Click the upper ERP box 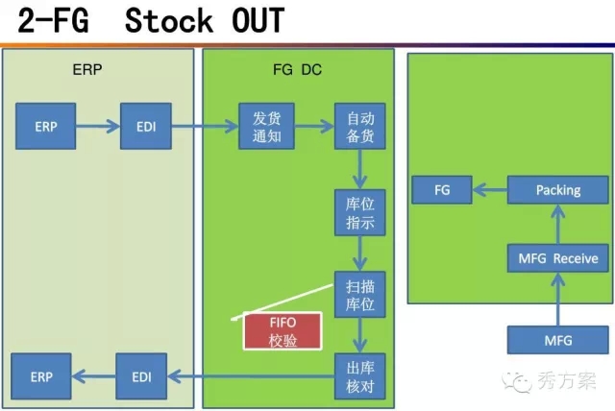(45, 127)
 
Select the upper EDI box (146, 127)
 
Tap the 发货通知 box (265, 127)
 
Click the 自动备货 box (359, 127)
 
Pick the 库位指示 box (359, 212)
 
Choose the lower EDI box (141, 377)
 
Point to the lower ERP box (40, 377)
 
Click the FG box (442, 190)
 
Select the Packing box (558, 190)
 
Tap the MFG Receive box (558, 257)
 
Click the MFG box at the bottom (558, 339)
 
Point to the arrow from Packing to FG (490, 190)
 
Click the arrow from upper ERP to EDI (96, 127)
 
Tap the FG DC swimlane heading (298, 69)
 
